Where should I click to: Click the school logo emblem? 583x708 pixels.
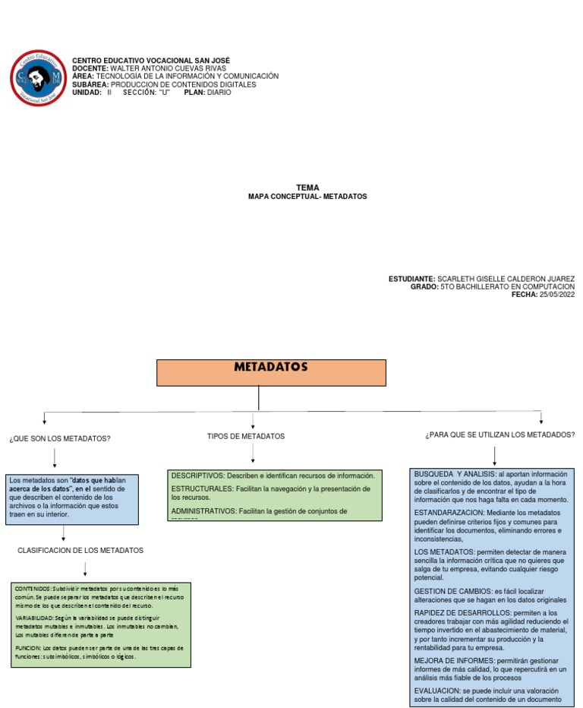[x=38, y=77]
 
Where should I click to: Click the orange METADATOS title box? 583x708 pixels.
[x=271, y=372]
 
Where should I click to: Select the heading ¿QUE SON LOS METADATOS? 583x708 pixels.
[x=60, y=439]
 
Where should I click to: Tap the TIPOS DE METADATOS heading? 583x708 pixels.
[x=246, y=437]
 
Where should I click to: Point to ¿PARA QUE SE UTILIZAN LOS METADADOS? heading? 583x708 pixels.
[x=499, y=435]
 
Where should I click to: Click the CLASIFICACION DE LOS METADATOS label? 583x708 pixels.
[x=80, y=550]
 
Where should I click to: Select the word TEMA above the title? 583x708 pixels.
[x=307, y=187]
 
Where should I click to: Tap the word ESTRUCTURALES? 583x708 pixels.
[x=200, y=489]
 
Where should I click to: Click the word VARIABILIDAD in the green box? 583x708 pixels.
[x=33, y=619]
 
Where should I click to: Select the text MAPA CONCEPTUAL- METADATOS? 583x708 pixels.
[x=307, y=196]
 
